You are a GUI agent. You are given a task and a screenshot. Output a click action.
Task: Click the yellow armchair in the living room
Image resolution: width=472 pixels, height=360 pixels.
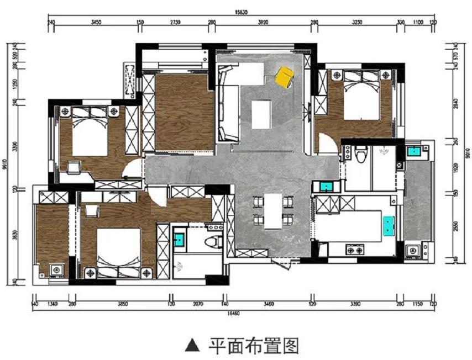(284, 77)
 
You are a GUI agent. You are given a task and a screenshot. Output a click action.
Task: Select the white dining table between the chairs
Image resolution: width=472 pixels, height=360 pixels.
(273, 210)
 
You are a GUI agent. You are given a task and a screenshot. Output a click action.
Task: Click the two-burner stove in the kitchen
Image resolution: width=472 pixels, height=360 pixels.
(354, 251)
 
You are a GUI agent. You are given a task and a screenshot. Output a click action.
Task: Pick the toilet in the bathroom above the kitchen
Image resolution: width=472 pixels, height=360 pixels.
(361, 154)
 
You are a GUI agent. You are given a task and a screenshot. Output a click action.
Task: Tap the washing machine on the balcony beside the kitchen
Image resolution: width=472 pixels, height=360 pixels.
(412, 251)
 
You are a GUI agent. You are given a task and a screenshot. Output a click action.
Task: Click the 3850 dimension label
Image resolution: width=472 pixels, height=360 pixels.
(122, 304)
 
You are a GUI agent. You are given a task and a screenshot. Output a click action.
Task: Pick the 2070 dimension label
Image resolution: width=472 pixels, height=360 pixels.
(198, 304)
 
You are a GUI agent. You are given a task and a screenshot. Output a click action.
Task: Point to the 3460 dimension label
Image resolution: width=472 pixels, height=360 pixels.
(269, 304)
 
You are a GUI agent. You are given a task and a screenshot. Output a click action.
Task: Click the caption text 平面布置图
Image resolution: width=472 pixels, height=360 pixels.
(254, 346)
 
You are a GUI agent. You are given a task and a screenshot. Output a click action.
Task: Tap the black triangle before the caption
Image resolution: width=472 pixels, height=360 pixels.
(192, 346)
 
